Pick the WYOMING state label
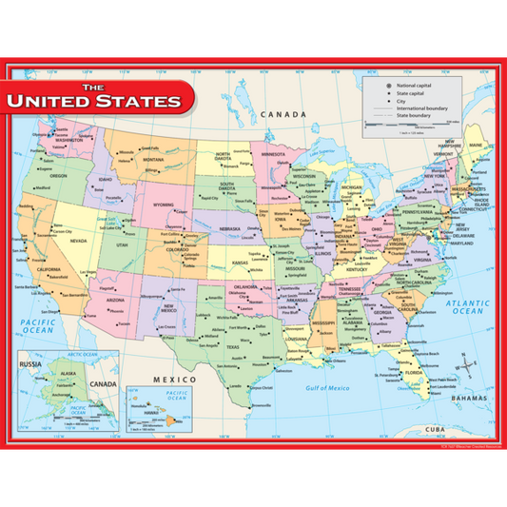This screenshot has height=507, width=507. tap(165, 204)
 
